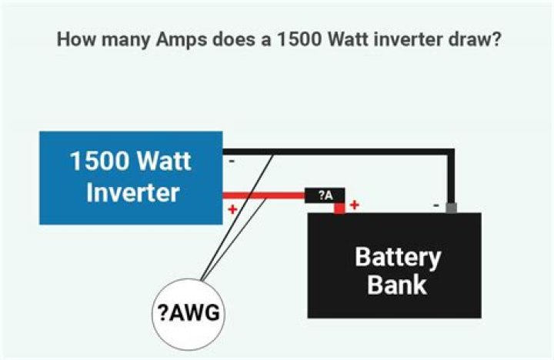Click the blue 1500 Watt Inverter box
coord(131,178)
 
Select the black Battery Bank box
coord(394,265)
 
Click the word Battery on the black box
coord(397,256)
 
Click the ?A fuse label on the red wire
coord(325,195)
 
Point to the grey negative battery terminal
coord(452,208)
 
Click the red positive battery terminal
coord(339,208)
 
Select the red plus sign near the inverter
coord(232,209)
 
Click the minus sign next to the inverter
coord(232,162)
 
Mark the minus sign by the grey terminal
coord(436,205)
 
